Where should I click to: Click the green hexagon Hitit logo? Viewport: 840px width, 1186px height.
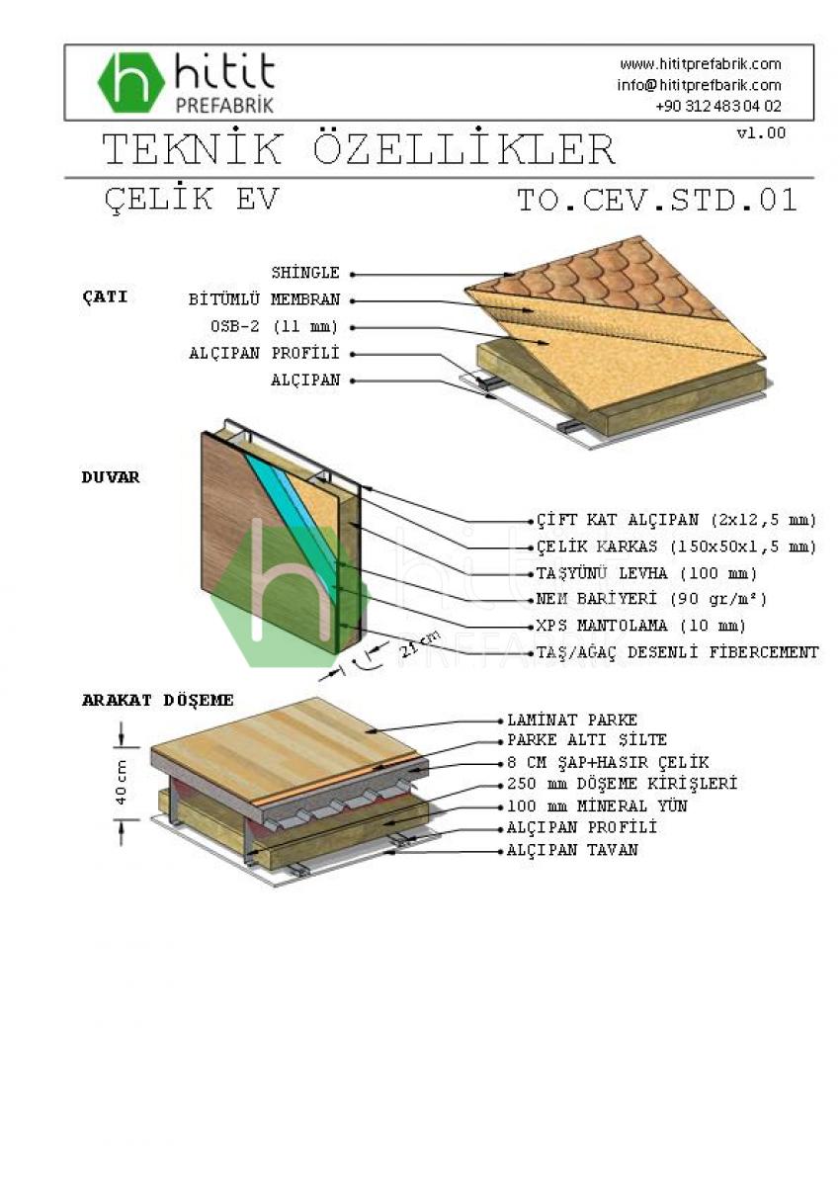[x=131, y=82]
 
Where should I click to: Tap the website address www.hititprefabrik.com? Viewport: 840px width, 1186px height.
[x=700, y=64]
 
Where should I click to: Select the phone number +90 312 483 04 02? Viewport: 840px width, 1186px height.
[x=717, y=106]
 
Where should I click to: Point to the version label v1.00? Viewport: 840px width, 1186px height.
[x=761, y=132]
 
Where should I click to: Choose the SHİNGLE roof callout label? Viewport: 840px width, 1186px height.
[x=305, y=273]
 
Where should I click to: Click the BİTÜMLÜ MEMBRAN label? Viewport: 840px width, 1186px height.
[x=264, y=299]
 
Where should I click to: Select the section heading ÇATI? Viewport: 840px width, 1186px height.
[x=105, y=296]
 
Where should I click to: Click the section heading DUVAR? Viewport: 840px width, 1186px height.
[x=111, y=477]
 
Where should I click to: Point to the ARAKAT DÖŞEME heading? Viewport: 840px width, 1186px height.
[x=157, y=700]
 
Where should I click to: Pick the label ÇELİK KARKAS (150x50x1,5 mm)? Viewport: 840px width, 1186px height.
[x=676, y=547]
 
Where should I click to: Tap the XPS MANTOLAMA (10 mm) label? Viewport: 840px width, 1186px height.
[x=640, y=626]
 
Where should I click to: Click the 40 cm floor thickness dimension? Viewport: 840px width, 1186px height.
[x=121, y=780]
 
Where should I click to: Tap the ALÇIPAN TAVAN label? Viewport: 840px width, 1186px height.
[x=572, y=850]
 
